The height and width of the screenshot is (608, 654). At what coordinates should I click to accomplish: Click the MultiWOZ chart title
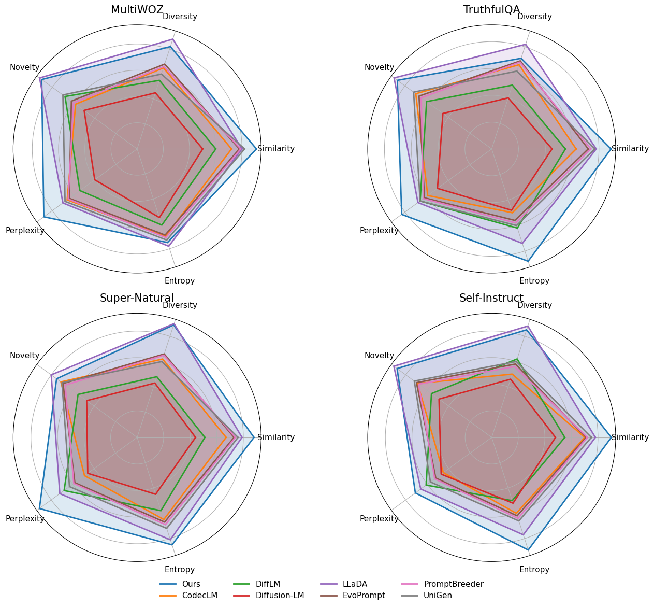137,10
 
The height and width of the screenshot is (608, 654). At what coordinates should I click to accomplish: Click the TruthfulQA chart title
491,10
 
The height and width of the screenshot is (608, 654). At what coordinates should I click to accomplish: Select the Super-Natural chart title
137,298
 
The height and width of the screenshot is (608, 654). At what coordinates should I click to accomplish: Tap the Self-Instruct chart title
491,298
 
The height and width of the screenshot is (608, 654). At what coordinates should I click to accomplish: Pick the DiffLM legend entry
268,584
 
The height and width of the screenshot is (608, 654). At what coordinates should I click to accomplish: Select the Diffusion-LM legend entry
280,596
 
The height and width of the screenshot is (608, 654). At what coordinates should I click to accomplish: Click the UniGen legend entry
438,596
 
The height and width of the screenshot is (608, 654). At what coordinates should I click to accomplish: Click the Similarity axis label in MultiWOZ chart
276,149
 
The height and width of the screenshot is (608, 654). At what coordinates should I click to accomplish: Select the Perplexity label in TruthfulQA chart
379,231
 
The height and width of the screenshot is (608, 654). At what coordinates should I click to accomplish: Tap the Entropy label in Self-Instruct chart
534,570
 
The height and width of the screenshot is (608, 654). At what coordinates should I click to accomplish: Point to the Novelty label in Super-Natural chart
24,356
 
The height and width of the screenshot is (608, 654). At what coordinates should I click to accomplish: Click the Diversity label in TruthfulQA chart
534,17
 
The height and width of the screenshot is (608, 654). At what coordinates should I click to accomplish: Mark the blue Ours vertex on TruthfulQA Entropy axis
528,261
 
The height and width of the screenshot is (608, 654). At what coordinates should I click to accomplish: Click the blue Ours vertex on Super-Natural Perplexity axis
39,509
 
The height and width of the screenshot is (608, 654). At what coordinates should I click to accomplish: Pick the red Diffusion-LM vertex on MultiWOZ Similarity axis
203,149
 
